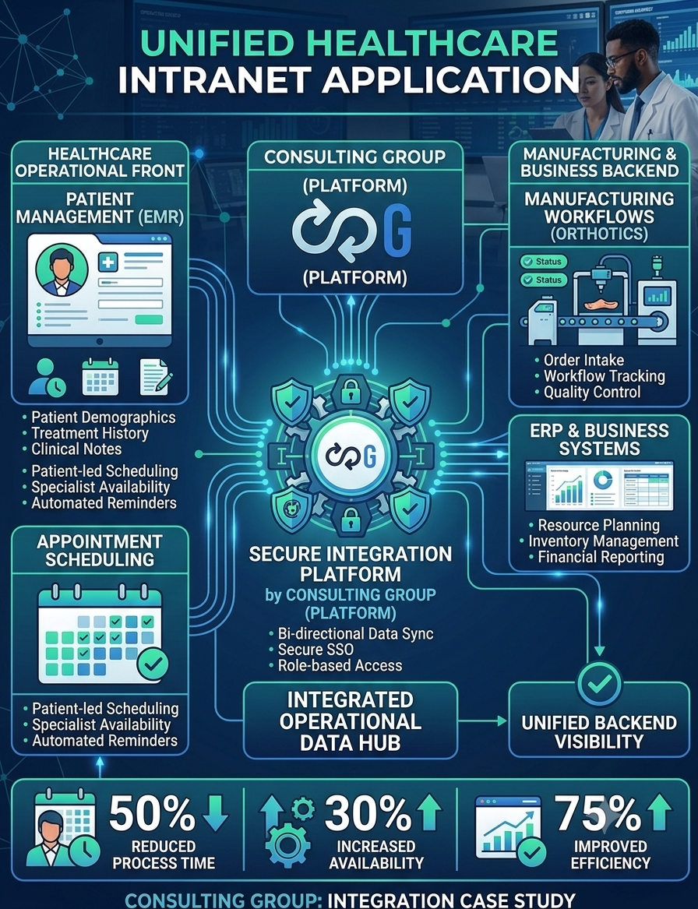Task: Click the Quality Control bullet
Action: (587, 393)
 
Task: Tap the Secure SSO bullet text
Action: (311, 650)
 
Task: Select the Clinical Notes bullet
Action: (72, 449)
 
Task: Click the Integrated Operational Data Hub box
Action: (350, 721)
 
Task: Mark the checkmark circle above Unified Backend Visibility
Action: (599, 683)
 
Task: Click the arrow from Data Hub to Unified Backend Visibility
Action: (482, 721)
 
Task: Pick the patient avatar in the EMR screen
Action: (62, 270)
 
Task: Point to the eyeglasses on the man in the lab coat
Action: (621, 58)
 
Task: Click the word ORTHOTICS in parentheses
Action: (599, 234)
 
